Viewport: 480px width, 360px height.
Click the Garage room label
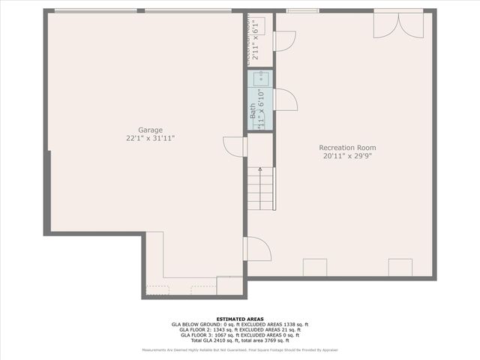pyautogui.click(x=150, y=130)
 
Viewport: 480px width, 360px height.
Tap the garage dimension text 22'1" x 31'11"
pyautogui.click(x=150, y=139)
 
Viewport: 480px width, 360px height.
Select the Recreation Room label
pyautogui.click(x=347, y=148)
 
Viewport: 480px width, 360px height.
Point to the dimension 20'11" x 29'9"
pyautogui.click(x=347, y=157)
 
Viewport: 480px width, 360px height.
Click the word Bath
pyautogui.click(x=253, y=111)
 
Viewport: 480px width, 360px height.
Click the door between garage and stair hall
pyautogui.click(x=235, y=147)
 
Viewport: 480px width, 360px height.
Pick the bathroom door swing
pyautogui.click(x=286, y=100)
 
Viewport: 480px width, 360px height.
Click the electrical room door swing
pyautogui.click(x=284, y=40)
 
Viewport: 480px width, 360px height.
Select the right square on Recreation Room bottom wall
pyautogui.click(x=400, y=268)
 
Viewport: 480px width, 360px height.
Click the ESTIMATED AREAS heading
pyautogui.click(x=240, y=318)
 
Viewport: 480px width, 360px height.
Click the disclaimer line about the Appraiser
pyautogui.click(x=240, y=350)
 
